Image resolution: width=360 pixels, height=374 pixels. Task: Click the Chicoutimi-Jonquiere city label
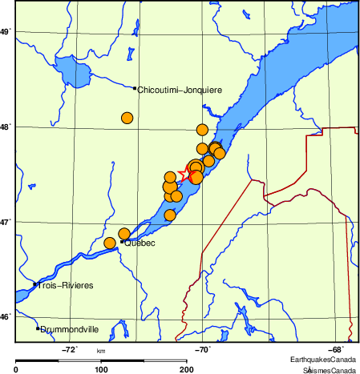pos(180,90)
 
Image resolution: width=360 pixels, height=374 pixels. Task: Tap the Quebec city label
pos(139,243)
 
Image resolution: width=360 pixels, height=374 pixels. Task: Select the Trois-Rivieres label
pos(65,286)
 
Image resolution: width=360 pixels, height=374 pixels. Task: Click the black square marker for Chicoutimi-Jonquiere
pos(135,88)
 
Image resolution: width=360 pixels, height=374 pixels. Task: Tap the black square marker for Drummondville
pos(37,328)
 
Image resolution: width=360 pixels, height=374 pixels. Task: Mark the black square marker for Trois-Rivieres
pos(34,284)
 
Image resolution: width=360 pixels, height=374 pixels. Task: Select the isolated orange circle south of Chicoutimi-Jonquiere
pos(127,118)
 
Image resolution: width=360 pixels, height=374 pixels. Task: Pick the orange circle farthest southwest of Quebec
pos(110,243)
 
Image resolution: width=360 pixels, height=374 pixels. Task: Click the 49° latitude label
pos(5,31)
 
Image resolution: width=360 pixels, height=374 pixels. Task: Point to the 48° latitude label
pos(5,127)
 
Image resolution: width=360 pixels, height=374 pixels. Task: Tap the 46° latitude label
pos(5,317)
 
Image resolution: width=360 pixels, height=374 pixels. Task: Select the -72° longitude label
pos(70,349)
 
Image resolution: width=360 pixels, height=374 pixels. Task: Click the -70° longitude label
pos(203,349)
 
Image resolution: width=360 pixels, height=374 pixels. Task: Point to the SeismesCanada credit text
pos(329,370)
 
